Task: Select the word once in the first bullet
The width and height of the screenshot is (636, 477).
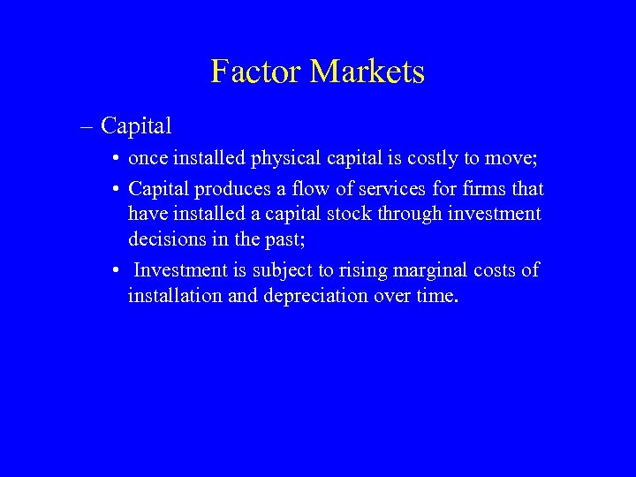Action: [148, 161]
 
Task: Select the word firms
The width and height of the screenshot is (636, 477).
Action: [479, 189]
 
